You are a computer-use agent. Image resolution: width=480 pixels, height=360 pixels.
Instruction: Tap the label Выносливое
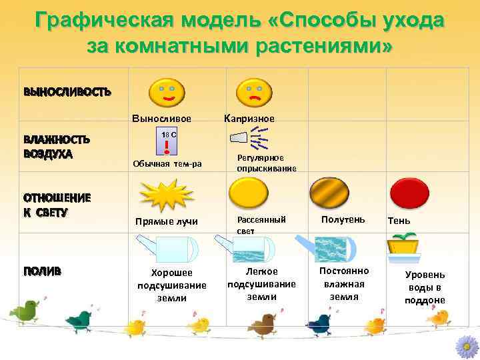(162, 119)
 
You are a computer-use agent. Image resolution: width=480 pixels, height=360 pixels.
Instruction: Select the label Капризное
(249, 119)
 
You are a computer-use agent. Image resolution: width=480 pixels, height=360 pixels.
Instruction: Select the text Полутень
(343, 219)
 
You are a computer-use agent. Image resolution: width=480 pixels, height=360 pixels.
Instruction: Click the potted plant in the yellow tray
(407, 248)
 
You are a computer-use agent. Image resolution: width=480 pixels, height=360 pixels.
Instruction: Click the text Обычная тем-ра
(167, 164)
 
